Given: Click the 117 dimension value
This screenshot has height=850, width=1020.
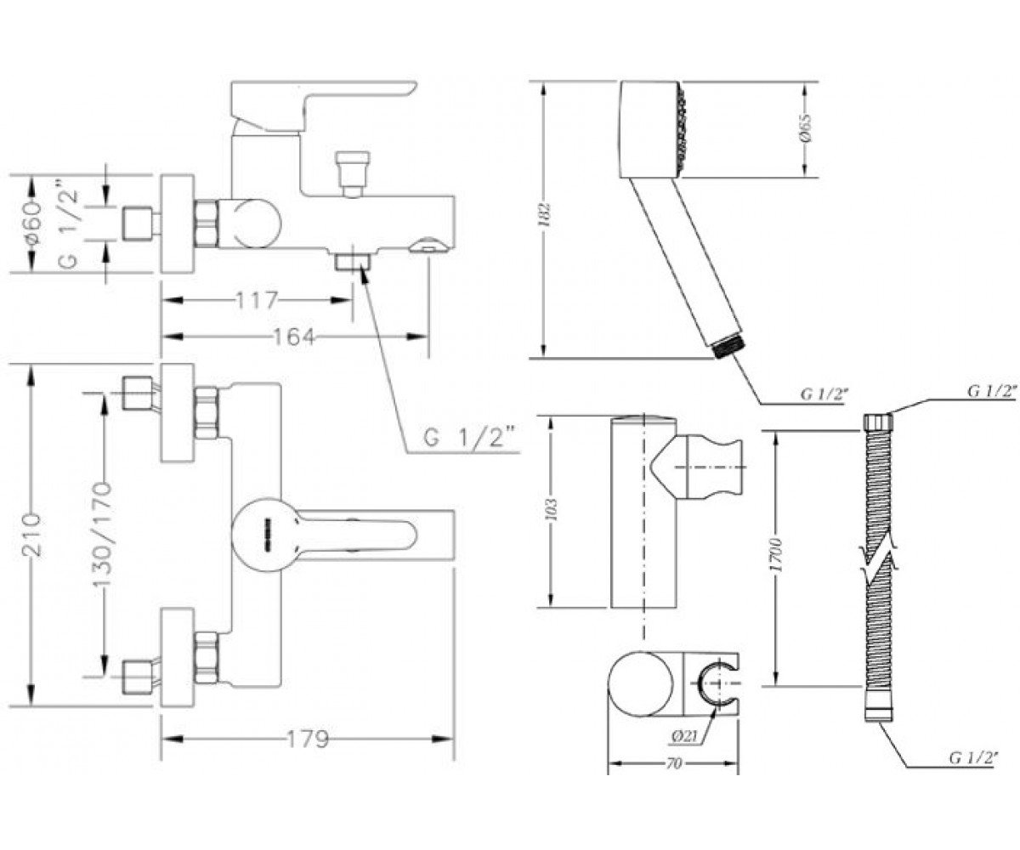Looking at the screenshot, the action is pyautogui.click(x=257, y=300).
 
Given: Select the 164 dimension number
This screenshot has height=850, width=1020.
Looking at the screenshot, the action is pyautogui.click(x=293, y=337).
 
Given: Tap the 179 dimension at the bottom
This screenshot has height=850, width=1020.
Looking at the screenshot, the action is pyautogui.click(x=307, y=739).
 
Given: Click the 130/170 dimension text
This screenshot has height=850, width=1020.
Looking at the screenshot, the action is pyautogui.click(x=102, y=535).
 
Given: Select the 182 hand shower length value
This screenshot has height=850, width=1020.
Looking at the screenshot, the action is pyautogui.click(x=547, y=215).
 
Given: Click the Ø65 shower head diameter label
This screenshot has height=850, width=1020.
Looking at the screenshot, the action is pyautogui.click(x=806, y=128).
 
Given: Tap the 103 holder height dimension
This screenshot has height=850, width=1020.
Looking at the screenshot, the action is pyautogui.click(x=552, y=511).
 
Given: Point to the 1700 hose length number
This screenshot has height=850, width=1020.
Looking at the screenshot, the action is pyautogui.click(x=779, y=554).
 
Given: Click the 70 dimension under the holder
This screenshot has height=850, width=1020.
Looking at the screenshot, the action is pyautogui.click(x=674, y=764).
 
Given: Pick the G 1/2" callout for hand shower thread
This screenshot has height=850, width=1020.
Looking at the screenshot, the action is pyautogui.click(x=823, y=394).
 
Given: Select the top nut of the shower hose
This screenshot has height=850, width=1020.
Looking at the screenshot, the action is pyautogui.click(x=878, y=421).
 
